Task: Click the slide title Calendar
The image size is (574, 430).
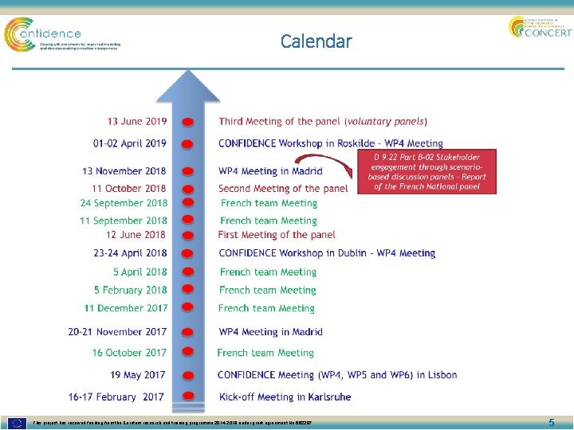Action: pos(316,41)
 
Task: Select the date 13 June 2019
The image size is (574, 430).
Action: pos(137,122)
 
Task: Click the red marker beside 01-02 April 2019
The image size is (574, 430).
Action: pos(187,144)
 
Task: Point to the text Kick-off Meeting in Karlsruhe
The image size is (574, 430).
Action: pos(285,397)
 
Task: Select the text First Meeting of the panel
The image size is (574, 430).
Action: pos(277,235)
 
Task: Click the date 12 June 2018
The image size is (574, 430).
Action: pos(136,235)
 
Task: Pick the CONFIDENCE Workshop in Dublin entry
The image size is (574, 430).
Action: pos(327,253)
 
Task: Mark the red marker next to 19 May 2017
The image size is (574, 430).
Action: pos(187,376)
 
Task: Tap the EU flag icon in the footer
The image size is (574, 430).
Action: pos(17,422)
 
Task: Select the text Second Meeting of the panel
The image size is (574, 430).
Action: pos(283,189)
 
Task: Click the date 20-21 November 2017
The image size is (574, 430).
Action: pos(117,332)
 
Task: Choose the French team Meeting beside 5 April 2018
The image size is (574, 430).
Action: pos(267,272)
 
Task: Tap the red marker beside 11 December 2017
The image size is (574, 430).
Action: pos(187,309)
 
